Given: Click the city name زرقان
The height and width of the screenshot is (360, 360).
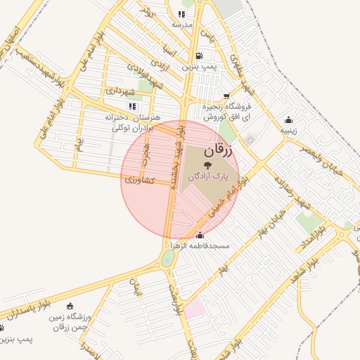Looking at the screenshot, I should pos(221,151).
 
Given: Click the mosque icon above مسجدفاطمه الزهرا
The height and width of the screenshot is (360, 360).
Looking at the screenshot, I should pos(200,235).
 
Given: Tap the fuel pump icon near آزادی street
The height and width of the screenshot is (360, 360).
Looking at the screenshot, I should pos(200,56).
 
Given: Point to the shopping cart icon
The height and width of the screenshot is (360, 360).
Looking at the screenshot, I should pos(226,96).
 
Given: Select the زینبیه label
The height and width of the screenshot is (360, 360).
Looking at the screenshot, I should pos(289,130).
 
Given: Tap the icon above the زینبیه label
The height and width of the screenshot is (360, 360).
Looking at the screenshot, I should pos(288,120).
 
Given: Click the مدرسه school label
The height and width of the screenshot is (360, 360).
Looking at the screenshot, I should pos(182,25).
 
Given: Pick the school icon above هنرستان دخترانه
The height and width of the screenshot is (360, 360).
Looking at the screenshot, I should pos(132,106).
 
